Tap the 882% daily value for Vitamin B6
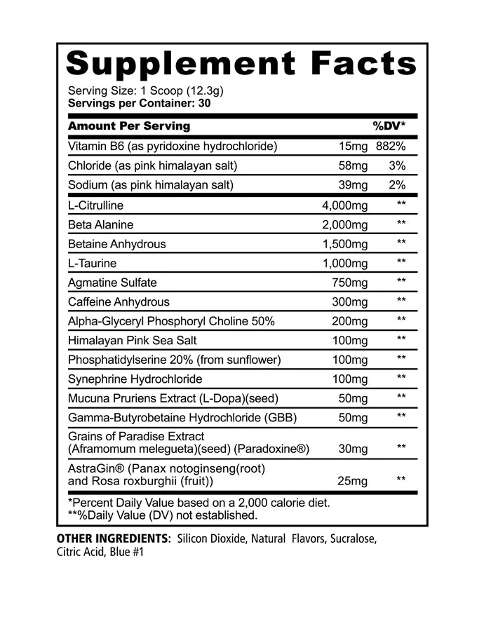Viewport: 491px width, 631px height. (391, 147)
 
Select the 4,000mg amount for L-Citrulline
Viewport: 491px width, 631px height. (344, 205)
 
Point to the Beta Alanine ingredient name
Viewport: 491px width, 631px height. (101, 225)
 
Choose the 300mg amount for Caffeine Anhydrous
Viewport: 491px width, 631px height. (350, 302)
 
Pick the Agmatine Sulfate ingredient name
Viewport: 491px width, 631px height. (112, 283)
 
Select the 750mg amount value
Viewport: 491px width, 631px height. (350, 283)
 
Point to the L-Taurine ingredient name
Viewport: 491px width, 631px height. (92, 264)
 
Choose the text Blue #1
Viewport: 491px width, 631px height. (123, 552)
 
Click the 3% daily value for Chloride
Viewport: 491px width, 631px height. (397, 166)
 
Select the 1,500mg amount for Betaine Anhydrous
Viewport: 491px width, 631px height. (344, 244)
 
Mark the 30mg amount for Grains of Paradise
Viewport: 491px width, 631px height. (353, 449)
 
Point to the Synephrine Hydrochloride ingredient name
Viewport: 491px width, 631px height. (135, 379)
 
